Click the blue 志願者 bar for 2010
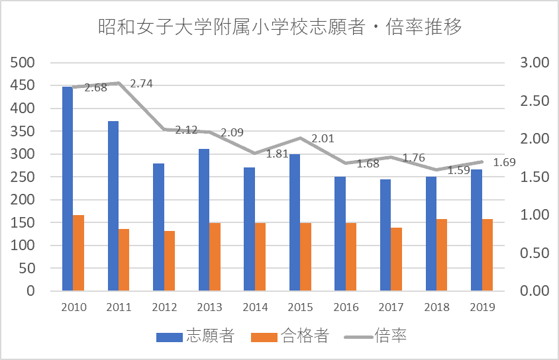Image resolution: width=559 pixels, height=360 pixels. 67,189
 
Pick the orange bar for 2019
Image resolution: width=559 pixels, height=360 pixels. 487,255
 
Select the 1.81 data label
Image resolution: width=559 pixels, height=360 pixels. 277,154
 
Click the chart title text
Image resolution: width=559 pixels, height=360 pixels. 279,28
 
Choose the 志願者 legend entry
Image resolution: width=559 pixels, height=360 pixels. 195,336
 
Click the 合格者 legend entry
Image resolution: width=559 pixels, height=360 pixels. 289,336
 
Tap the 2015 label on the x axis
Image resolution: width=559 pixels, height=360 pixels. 300,308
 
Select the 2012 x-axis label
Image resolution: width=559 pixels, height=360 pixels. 164,308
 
